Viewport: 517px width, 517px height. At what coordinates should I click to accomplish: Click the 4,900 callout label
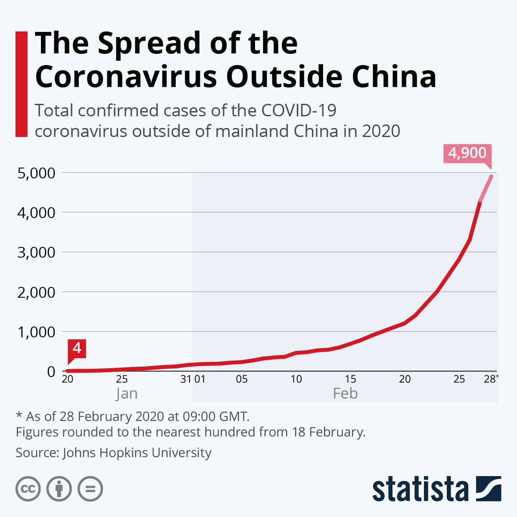(467, 153)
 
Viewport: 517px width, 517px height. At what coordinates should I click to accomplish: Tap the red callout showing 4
(77, 348)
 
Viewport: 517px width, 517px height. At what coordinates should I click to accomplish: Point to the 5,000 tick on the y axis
(37, 173)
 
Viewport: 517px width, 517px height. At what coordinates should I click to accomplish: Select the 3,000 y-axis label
(37, 252)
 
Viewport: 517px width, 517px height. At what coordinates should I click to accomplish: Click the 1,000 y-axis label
(37, 332)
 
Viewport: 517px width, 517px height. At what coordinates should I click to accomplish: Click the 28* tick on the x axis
(491, 379)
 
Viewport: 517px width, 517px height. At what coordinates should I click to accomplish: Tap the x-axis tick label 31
(186, 379)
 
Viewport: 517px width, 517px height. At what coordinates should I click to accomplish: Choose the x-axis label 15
(350, 379)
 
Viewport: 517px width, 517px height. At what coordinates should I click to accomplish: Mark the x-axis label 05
(242, 379)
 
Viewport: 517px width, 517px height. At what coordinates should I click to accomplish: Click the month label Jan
(127, 394)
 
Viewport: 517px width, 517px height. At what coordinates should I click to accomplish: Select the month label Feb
(345, 394)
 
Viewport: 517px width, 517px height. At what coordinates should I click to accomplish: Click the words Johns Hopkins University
(137, 453)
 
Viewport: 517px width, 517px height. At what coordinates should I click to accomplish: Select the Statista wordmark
(420, 489)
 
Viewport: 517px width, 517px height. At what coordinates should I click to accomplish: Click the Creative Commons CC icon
(28, 489)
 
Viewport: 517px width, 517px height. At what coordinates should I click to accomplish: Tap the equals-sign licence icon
(90, 489)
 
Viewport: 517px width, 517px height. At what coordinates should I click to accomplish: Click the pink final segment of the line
(486, 188)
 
